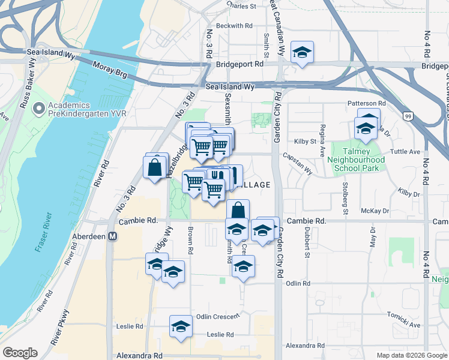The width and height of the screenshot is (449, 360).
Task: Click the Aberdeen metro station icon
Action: [x=112, y=236]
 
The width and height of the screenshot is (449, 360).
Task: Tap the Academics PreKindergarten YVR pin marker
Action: [x=40, y=109]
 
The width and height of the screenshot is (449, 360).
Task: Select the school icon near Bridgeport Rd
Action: [x=302, y=52]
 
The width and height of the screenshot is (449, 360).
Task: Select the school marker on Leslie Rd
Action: [x=180, y=326]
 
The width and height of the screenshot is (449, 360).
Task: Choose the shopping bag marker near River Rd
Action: [x=155, y=167]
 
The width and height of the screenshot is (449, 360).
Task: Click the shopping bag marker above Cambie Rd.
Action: [x=238, y=211]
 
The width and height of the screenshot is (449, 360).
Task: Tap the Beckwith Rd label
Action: [x=235, y=26]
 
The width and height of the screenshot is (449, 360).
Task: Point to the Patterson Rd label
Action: [x=366, y=103]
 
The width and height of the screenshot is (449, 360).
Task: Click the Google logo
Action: [x=20, y=353]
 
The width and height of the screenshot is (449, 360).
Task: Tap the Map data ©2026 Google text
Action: [x=411, y=355]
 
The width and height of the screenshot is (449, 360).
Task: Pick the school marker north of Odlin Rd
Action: [x=243, y=267]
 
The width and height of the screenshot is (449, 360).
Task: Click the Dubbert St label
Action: [x=306, y=238]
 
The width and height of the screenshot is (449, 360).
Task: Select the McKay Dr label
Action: [x=375, y=211]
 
